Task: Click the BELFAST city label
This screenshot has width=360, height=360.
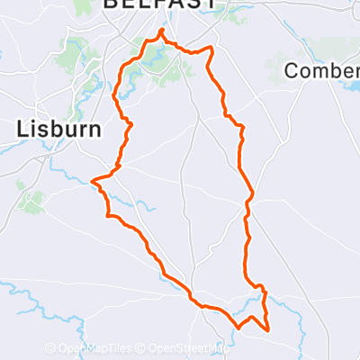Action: tap(161, 4)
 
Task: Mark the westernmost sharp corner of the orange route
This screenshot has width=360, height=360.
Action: tap(93, 181)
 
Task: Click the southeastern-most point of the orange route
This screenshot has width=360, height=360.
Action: tap(268, 329)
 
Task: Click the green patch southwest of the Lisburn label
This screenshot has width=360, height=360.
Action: tap(32, 202)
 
